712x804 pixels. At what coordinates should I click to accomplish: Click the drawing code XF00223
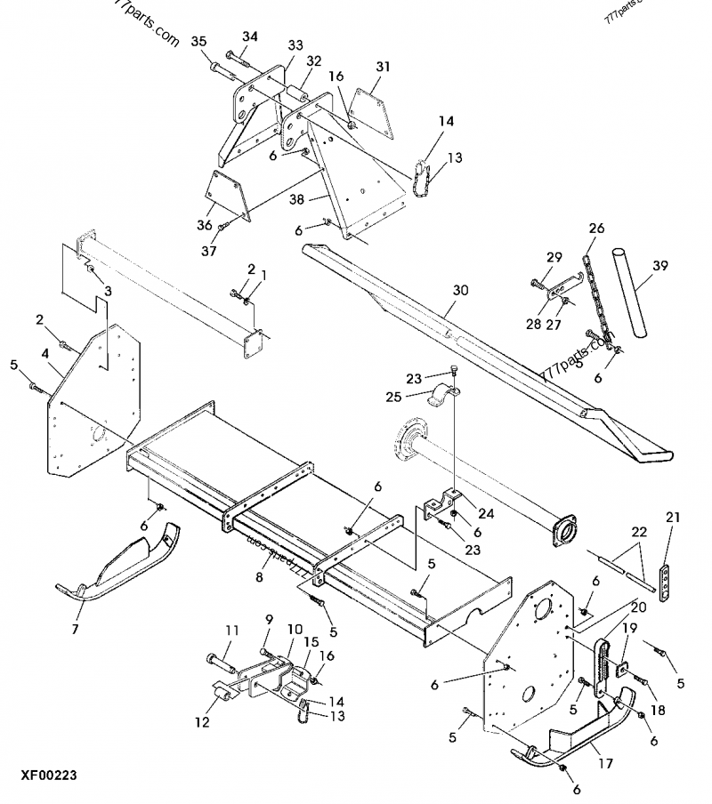(44, 776)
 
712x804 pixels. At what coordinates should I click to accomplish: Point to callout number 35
(198, 42)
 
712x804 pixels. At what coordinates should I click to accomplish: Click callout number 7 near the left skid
(74, 630)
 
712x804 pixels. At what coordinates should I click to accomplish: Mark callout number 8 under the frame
(258, 578)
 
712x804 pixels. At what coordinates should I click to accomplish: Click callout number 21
(672, 517)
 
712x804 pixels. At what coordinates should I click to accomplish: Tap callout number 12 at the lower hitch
(203, 722)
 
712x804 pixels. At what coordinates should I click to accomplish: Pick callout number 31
(383, 67)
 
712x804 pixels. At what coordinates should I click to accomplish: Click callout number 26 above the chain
(595, 229)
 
